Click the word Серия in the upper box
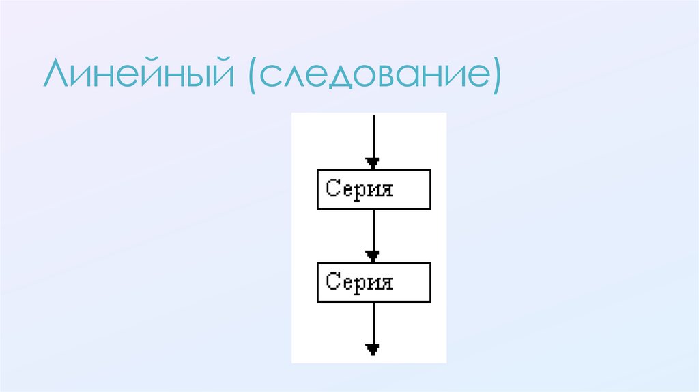click(x=360, y=188)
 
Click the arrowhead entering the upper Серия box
click(x=373, y=163)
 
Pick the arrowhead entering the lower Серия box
click(x=373, y=255)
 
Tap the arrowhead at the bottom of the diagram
click(x=373, y=349)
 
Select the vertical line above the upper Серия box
click(x=373, y=137)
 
